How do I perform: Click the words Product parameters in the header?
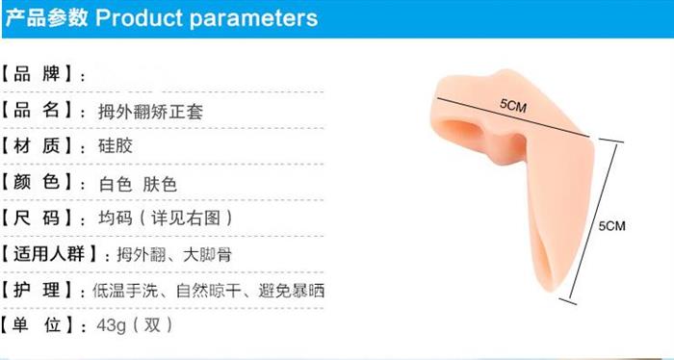(x=206, y=18)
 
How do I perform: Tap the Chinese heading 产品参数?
(x=46, y=17)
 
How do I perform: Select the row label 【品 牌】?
(x=39, y=74)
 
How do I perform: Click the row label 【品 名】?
(x=39, y=111)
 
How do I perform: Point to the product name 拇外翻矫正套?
(x=150, y=112)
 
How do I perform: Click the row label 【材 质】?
(x=39, y=146)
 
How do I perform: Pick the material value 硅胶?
(x=116, y=146)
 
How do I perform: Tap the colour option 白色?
(x=116, y=184)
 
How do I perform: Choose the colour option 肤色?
(x=160, y=184)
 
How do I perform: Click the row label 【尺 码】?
(x=39, y=219)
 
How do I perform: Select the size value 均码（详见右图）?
(x=166, y=219)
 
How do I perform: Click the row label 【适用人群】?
(x=50, y=254)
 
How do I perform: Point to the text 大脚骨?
(x=207, y=255)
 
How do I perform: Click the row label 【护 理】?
(x=39, y=291)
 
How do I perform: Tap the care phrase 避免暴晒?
(x=292, y=291)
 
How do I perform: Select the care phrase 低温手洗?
(x=125, y=291)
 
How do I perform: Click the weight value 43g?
(x=112, y=325)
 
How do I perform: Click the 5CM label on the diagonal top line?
(x=513, y=105)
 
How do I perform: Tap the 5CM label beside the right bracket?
(x=612, y=225)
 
